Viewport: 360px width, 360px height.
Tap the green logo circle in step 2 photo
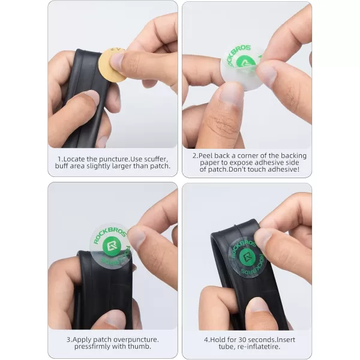click(x=245, y=62)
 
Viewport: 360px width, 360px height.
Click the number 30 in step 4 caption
click(x=242, y=340)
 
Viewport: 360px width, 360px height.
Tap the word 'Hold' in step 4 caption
click(x=217, y=340)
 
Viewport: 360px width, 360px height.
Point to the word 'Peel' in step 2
click(x=205, y=155)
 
